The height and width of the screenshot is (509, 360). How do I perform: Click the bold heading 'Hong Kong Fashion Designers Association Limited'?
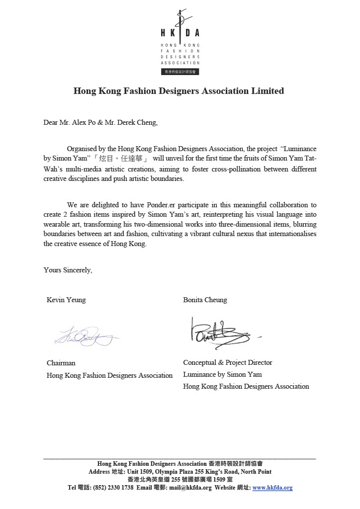(179, 91)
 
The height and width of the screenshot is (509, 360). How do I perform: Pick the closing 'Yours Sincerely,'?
(68, 270)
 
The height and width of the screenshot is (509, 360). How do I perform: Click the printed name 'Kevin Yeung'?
(66, 300)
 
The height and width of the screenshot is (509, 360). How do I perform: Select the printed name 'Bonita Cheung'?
(205, 300)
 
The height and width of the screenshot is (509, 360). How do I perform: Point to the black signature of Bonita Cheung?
(219, 332)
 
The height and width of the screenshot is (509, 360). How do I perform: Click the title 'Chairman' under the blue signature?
(61, 363)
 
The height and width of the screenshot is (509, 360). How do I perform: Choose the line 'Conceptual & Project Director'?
(228, 362)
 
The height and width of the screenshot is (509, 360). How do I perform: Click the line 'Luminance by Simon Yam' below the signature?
(222, 374)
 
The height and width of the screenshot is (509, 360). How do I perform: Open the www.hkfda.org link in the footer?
(272, 488)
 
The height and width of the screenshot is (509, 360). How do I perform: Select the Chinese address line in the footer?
(180, 480)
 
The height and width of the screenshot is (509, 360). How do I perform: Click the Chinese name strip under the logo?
(180, 72)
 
